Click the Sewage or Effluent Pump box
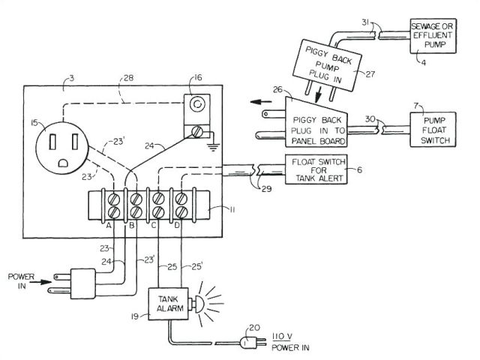(435, 35)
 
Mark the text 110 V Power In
(287, 342)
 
